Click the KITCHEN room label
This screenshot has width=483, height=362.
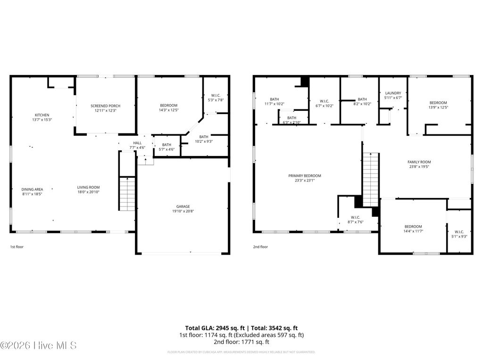click(x=42, y=115)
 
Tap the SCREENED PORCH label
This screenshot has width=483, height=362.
click(x=105, y=106)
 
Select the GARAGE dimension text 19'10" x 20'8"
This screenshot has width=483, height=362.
click(x=183, y=211)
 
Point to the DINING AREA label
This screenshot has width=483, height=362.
click(x=32, y=189)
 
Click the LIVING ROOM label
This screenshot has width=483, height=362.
click(x=88, y=187)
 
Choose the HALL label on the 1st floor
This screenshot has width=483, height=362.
click(x=137, y=143)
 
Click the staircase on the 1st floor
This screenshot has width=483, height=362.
click(x=127, y=194)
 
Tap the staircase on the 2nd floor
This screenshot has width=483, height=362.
click(x=371, y=180)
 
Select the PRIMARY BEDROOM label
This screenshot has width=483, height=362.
click(x=305, y=176)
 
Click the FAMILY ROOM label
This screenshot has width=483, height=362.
click(x=419, y=162)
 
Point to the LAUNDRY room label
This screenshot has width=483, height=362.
click(x=392, y=93)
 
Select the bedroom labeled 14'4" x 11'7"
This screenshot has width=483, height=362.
click(x=412, y=226)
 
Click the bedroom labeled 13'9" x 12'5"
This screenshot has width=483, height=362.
click(x=438, y=103)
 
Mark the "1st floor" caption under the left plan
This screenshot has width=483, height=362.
click(x=17, y=247)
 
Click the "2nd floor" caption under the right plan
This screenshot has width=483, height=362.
click(x=260, y=247)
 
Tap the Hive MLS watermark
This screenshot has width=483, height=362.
click(x=39, y=346)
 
